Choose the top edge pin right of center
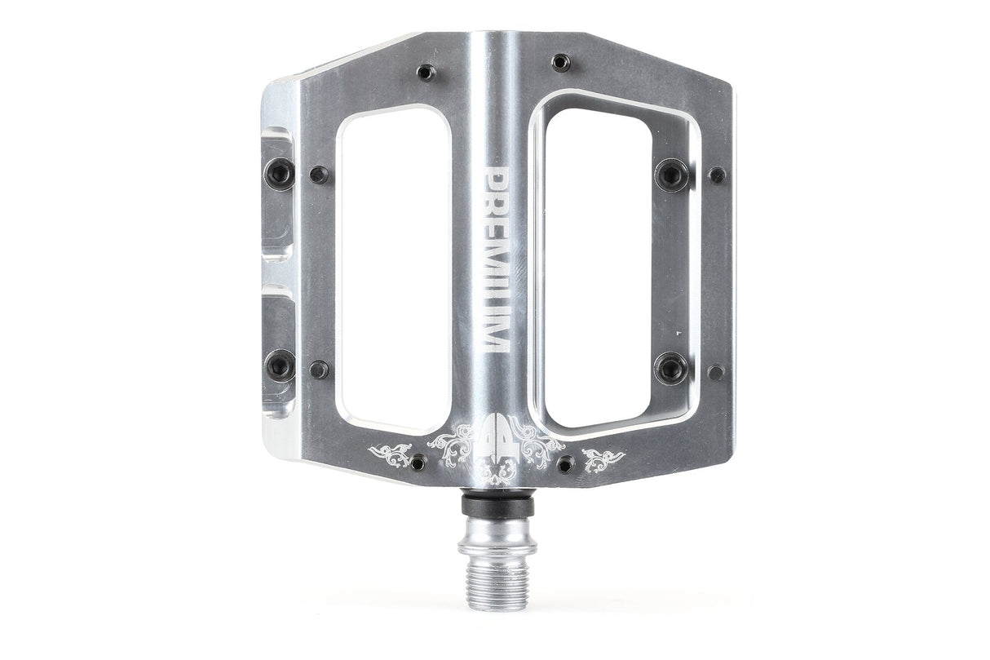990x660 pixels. (x=559, y=62)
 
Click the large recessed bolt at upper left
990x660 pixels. (x=280, y=172)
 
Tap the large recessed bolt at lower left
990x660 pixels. (x=280, y=365)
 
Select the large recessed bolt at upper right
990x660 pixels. (x=671, y=173)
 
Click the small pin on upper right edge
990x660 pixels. (x=717, y=175)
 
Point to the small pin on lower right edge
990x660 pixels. (x=716, y=372)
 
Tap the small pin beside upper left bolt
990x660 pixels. (x=320, y=174)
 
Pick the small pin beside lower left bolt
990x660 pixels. (x=319, y=369)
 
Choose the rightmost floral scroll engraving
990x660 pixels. (x=603, y=457)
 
